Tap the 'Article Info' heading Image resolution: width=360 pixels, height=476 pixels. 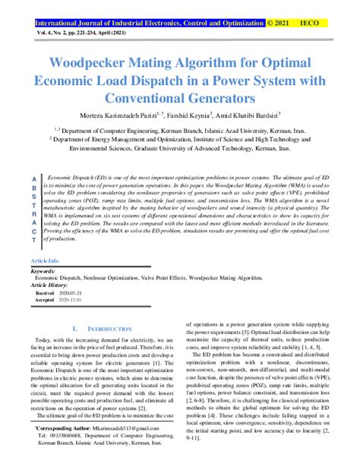(x=45, y=260)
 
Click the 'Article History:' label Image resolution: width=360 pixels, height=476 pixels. (x=54, y=284)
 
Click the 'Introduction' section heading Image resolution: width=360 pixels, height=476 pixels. (x=104, y=329)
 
